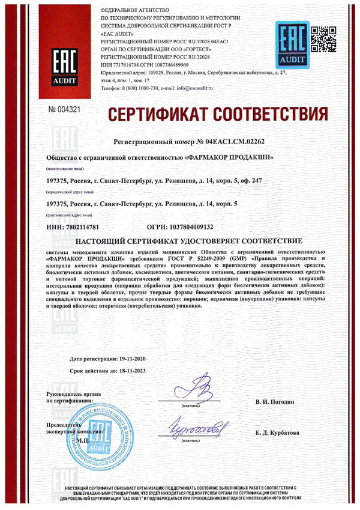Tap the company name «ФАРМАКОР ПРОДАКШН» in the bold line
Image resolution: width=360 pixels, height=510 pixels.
coord(224,158)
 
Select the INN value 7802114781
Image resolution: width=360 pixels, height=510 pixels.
coord(81,226)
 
